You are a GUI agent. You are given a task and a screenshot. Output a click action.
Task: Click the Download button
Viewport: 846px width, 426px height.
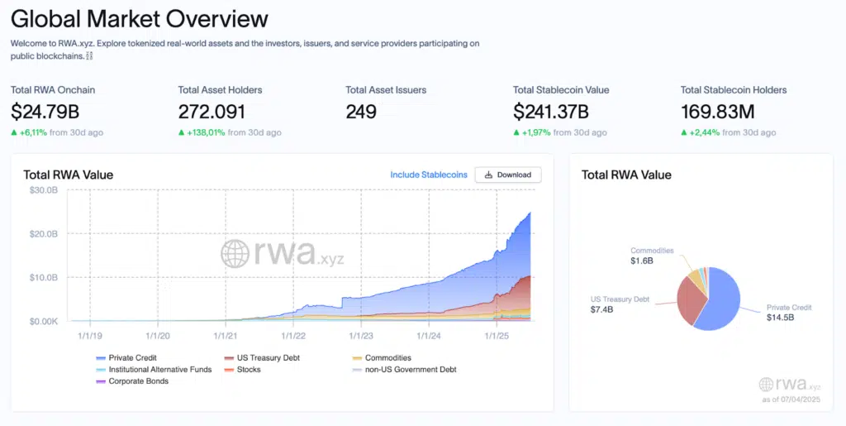pos(508,175)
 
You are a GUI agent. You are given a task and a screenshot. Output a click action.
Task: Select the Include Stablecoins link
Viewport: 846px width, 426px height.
pos(429,175)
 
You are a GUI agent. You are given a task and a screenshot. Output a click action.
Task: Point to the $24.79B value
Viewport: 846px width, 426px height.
pos(45,112)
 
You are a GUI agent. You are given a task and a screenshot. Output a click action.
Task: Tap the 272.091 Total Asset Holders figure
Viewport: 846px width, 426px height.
pos(211,112)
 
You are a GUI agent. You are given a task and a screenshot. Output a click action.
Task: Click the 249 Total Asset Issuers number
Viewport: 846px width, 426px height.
pos(361,112)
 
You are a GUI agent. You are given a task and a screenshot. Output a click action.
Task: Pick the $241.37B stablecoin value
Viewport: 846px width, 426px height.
pos(550,112)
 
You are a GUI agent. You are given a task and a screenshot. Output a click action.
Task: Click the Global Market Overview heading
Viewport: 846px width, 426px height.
pos(140,18)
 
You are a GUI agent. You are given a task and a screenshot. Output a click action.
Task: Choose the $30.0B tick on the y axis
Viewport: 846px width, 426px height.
pos(42,190)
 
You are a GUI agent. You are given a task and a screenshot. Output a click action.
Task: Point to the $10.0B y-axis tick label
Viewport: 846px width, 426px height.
pos(42,277)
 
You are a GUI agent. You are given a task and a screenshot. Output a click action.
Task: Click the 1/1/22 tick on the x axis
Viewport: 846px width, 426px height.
pos(293,336)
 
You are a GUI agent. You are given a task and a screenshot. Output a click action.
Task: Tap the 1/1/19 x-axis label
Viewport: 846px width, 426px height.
pos(89,336)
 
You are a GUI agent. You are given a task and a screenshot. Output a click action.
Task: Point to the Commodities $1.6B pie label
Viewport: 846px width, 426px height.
pos(652,255)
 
